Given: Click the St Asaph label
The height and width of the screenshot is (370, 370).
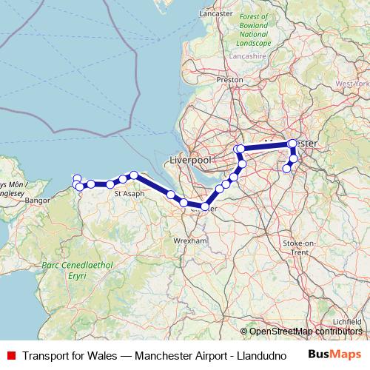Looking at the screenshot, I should click(x=129, y=194).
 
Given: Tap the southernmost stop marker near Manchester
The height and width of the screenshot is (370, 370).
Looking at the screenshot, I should click(x=287, y=169).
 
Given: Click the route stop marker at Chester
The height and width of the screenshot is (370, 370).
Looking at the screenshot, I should click(x=205, y=206).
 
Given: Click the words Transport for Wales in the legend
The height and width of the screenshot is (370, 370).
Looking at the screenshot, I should click(x=69, y=355).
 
